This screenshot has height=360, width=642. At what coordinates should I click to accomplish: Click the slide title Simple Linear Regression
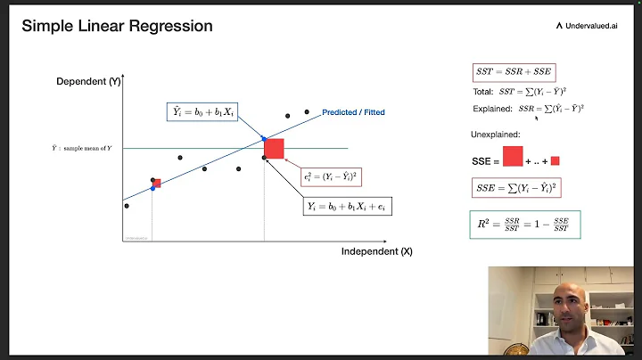click(117, 26)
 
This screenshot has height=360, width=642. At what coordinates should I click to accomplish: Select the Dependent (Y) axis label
click(87, 83)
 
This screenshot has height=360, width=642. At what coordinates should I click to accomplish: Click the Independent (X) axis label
click(376, 251)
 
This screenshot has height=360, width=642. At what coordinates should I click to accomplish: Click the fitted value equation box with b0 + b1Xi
click(203, 112)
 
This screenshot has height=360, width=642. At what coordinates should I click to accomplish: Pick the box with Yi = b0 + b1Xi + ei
click(349, 206)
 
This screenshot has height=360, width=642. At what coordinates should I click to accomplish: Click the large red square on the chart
click(274, 148)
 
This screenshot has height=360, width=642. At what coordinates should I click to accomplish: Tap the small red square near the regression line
click(156, 184)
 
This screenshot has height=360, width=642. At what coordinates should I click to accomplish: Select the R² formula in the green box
click(525, 224)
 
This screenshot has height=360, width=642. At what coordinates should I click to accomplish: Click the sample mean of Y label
click(82, 148)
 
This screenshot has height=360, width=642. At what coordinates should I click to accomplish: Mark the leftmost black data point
click(127, 206)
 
